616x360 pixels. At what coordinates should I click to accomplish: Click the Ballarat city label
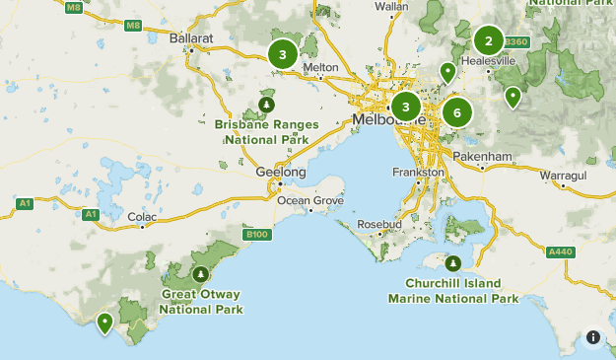pos(191,37)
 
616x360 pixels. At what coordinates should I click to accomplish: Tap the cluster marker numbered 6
pos(455,111)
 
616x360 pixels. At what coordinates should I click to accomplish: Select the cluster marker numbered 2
pos(487,40)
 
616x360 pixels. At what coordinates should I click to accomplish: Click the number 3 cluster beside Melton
pos(282,55)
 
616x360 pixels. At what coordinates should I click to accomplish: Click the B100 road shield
pos(257,234)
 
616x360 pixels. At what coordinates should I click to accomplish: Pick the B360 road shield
pos(516,42)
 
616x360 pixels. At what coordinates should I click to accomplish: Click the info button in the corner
pos(593,337)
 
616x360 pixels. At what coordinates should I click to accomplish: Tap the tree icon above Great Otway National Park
pos(201,274)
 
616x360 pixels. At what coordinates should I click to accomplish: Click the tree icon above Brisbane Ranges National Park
pos(266,104)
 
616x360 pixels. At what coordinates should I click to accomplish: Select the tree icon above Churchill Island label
pos(453,264)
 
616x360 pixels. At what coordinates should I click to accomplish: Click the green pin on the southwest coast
pos(104,322)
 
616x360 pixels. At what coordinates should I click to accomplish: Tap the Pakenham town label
pos(484,156)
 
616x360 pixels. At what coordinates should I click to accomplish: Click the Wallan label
pos(391,6)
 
